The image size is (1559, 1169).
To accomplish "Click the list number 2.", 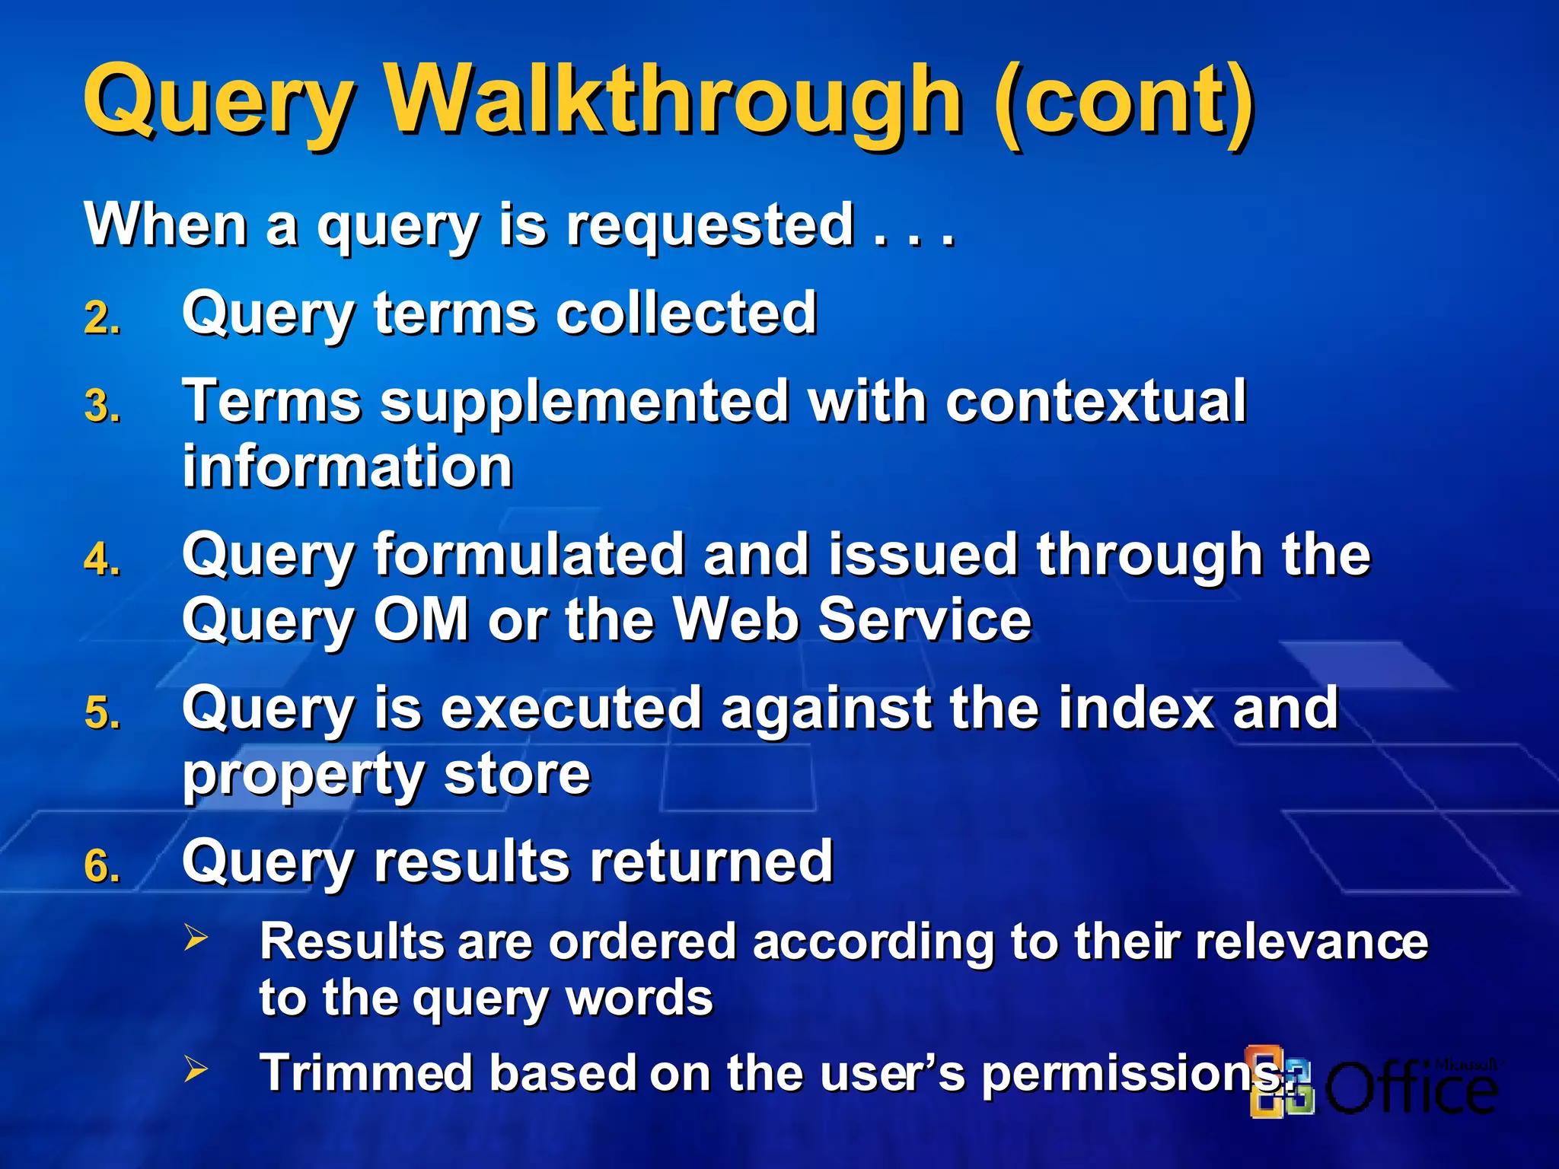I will click(101, 317).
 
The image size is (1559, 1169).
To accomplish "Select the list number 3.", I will click(101, 406).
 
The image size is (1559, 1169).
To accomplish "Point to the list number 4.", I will click(101, 559).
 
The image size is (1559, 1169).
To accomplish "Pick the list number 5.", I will click(101, 713).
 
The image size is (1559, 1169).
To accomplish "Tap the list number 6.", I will click(101, 866).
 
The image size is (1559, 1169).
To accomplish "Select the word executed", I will click(571, 708).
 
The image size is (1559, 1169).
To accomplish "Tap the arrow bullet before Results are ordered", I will click(196, 938).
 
